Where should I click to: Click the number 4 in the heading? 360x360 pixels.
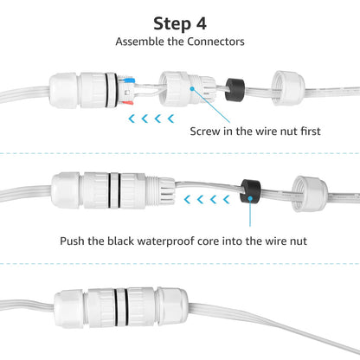pos(209,22)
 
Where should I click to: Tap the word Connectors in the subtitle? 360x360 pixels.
pos(215,41)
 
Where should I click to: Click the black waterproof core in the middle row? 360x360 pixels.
pos(251,190)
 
